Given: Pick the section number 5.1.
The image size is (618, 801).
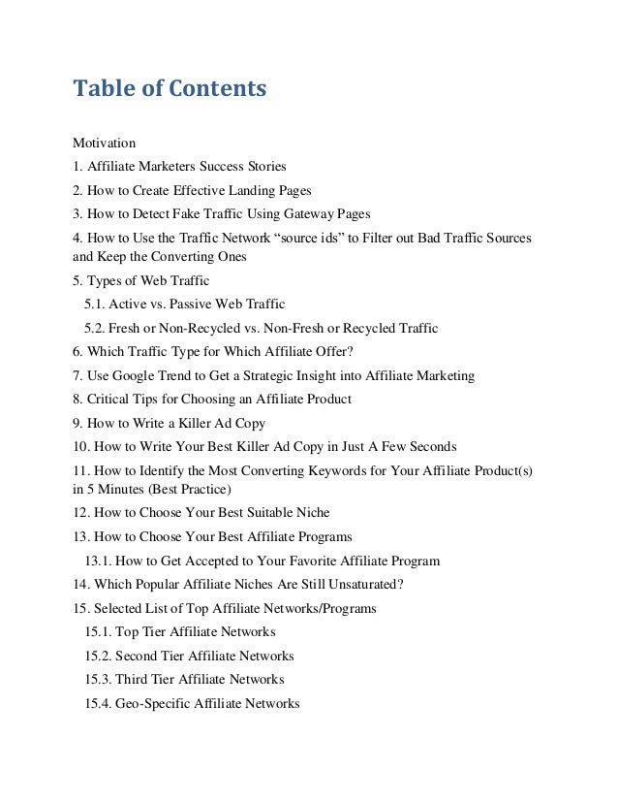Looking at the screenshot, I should coord(96,305).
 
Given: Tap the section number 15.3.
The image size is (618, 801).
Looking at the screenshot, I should coord(98,679).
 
